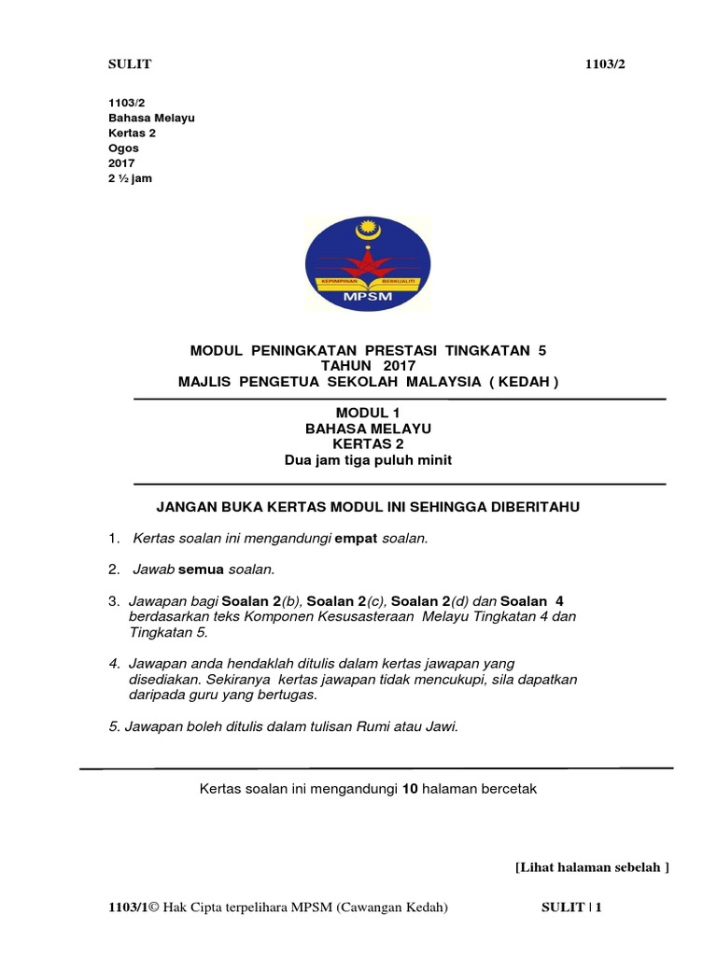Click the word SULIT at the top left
[131, 63]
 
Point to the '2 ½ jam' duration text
[131, 178]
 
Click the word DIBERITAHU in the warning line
[529, 506]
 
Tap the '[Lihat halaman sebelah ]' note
[592, 867]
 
